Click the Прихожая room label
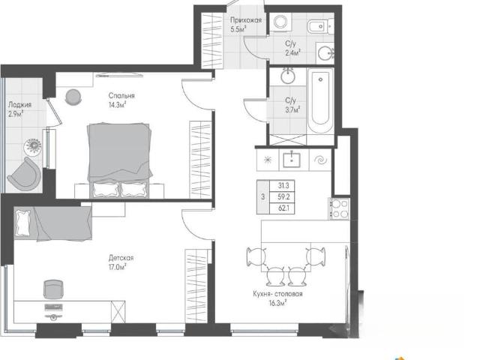[x=246, y=20]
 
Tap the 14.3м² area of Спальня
[x=117, y=105]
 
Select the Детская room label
[x=121, y=258]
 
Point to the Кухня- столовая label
[x=277, y=294]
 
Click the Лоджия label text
[x=20, y=105]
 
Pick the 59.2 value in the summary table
[x=283, y=196]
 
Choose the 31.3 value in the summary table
[x=283, y=185]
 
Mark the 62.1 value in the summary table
[x=283, y=208]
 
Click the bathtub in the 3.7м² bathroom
[x=320, y=100]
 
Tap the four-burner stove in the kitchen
[x=339, y=208]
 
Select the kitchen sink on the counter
[x=292, y=160]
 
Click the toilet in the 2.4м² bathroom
[x=320, y=26]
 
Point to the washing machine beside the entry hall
[x=280, y=22]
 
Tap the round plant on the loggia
[x=33, y=146]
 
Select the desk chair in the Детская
[x=53, y=289]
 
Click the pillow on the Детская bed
[x=23, y=223]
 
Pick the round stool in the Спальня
[x=73, y=97]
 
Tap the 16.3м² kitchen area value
[x=277, y=303]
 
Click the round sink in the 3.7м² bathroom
[x=288, y=76]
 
